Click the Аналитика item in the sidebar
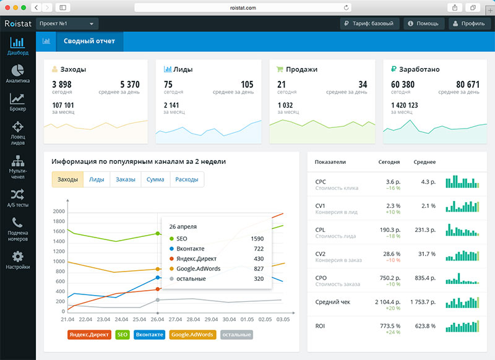click(x=17, y=73)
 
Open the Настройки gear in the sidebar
click(x=17, y=260)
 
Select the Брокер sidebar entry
click(x=17, y=102)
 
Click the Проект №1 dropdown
click(x=67, y=24)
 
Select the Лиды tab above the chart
click(x=96, y=179)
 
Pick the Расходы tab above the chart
click(x=186, y=179)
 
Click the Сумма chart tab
click(x=155, y=179)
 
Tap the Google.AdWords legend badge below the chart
click(x=191, y=335)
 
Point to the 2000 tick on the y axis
click(x=59, y=212)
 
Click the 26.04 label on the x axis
click(x=157, y=319)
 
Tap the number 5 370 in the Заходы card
click(x=130, y=85)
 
